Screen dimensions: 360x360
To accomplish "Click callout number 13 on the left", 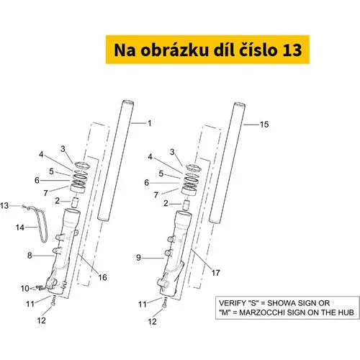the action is (4, 206).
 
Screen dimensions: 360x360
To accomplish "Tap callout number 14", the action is (20, 228).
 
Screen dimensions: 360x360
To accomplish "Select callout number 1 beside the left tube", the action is (150, 123).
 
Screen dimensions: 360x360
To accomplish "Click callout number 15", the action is (264, 125).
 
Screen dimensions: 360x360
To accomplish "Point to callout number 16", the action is (102, 277).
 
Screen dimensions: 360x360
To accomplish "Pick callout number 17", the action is (215, 273).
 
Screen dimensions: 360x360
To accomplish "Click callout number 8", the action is (30, 256).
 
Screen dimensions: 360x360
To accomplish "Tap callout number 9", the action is (138, 258).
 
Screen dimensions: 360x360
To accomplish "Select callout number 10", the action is (25, 289).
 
